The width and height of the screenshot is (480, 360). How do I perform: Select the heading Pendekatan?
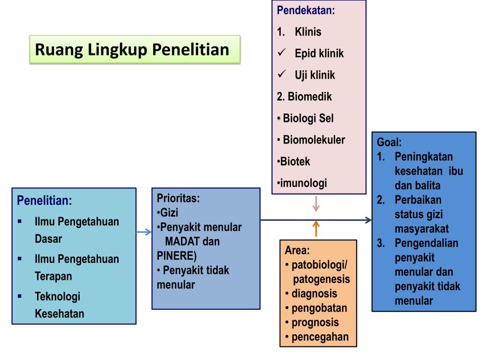pos(306,10)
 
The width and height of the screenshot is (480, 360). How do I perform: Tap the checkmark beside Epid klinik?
pos(282,52)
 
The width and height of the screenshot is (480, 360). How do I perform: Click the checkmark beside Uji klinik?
pos(282,74)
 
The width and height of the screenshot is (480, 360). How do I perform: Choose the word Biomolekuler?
pos(314,140)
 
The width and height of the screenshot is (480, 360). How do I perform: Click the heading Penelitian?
pos(45,201)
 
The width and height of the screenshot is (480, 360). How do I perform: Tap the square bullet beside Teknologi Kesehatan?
pos(20,296)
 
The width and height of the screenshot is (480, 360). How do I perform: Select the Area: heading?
pos(297,250)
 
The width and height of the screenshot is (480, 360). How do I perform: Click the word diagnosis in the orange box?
pos(314,294)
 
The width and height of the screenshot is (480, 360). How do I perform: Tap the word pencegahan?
pos(320,337)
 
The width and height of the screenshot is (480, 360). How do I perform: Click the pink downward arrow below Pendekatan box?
pos(316,204)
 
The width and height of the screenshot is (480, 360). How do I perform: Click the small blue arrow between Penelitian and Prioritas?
pos(143,232)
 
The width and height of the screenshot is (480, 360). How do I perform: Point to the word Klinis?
pos(308,32)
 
